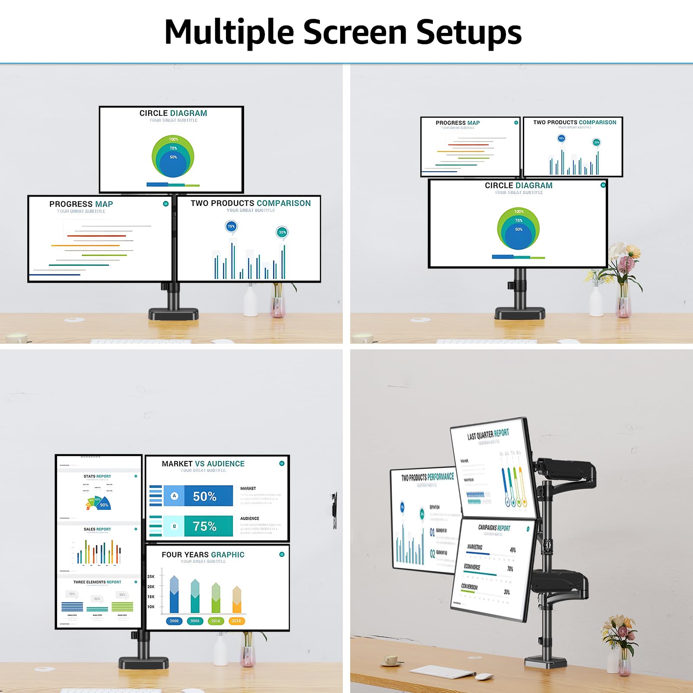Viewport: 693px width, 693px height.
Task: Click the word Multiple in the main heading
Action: click(229, 32)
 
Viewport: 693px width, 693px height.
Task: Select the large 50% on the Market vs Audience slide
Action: click(204, 496)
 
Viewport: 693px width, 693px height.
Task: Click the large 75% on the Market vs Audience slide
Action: click(204, 526)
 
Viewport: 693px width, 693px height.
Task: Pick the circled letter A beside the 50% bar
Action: click(174, 496)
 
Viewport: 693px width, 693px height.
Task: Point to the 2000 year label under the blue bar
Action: click(174, 621)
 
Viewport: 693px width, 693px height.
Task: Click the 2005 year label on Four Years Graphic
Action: click(195, 621)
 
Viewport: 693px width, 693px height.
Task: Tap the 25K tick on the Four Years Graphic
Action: click(151, 577)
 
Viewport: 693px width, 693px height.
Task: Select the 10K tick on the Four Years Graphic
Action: click(151, 606)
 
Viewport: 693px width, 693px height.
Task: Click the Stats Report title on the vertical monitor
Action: click(97, 476)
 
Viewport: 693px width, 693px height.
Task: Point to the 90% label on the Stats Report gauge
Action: click(104, 505)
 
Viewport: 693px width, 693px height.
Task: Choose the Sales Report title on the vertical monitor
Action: click(97, 529)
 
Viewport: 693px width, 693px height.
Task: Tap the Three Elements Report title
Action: click(97, 582)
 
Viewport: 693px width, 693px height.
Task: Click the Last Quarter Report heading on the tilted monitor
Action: click(488, 435)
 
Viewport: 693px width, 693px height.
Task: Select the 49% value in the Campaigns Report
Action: click(512, 550)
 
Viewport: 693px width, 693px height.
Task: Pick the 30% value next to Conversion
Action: click(506, 592)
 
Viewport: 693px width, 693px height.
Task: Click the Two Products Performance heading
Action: click(427, 477)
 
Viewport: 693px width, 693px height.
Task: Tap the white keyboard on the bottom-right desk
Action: click(442, 672)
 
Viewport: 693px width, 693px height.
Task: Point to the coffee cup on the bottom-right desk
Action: click(391, 661)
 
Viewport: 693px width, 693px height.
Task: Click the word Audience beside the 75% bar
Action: click(250, 518)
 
